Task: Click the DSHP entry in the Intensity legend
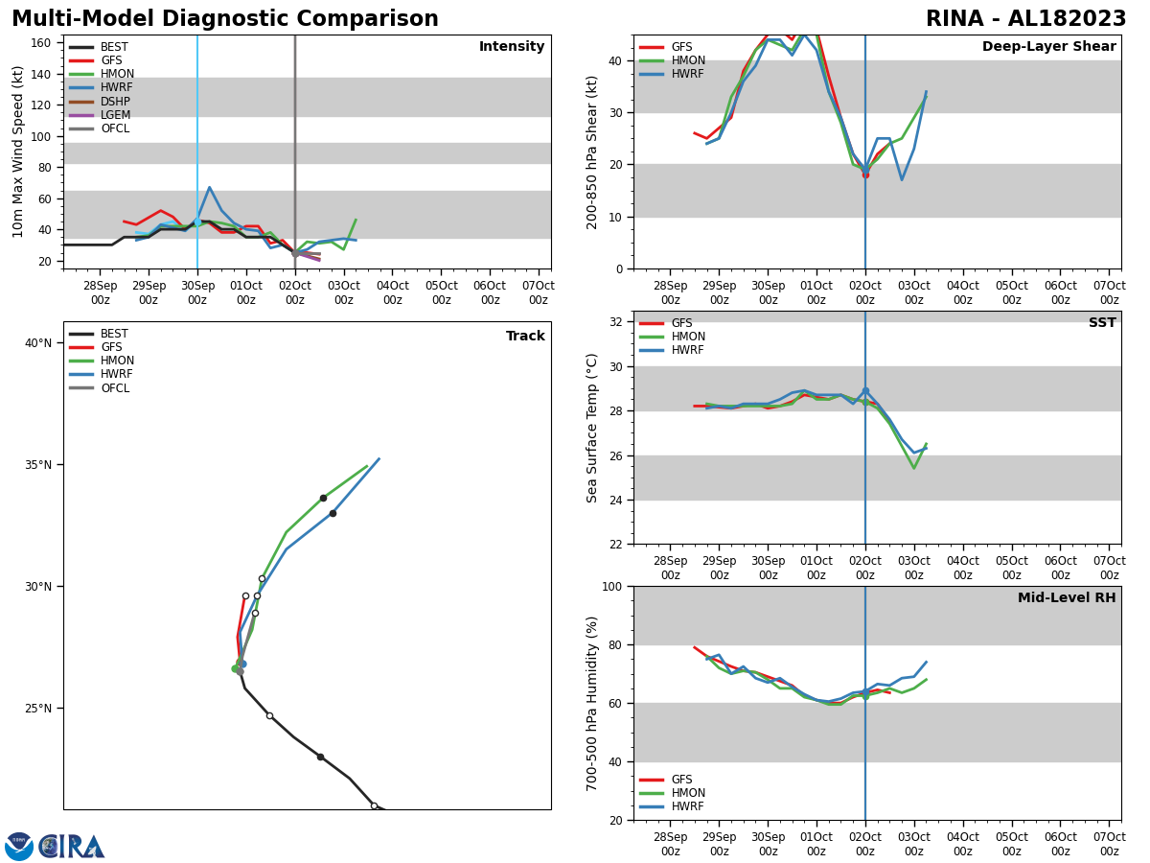coord(115,102)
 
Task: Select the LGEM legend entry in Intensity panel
coord(115,115)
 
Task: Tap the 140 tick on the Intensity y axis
coord(42,74)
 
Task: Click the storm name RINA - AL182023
coord(1025,19)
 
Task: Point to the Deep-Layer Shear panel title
coord(1048,47)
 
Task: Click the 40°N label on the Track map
coord(37,343)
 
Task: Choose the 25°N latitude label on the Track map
coord(37,709)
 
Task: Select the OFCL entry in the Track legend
coord(115,388)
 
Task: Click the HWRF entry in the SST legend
coord(687,350)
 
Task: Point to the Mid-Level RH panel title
coord(1067,598)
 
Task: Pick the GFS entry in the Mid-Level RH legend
coord(681,780)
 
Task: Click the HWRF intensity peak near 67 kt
coord(209,188)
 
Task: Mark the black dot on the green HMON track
coord(323,498)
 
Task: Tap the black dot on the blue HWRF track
coord(333,513)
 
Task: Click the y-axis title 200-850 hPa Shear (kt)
coord(593,152)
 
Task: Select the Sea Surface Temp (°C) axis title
coord(593,428)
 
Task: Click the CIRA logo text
coord(72,846)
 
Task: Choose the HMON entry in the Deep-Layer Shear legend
coord(687,60)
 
